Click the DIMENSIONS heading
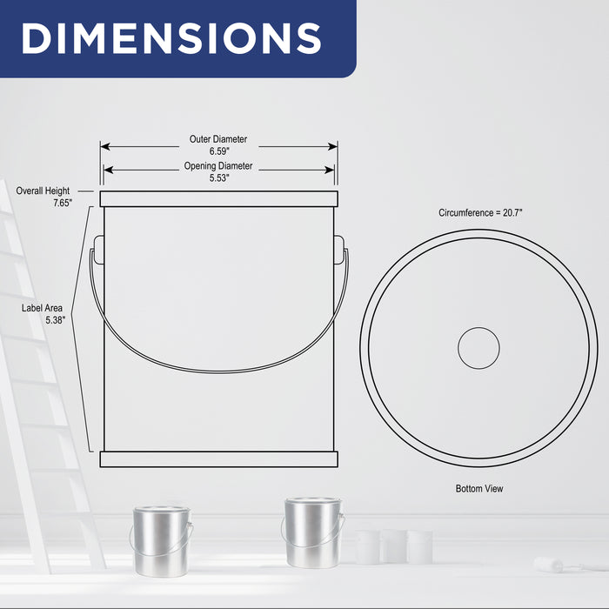click(x=171, y=38)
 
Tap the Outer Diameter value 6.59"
click(x=219, y=151)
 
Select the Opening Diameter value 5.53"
click(x=219, y=177)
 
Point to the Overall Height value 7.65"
click(x=63, y=203)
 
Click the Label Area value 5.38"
click(x=56, y=320)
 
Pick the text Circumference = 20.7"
click(x=480, y=213)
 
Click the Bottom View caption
click(x=479, y=489)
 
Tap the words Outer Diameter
click(x=218, y=139)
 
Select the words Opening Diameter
click(x=218, y=166)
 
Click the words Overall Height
click(x=43, y=191)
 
